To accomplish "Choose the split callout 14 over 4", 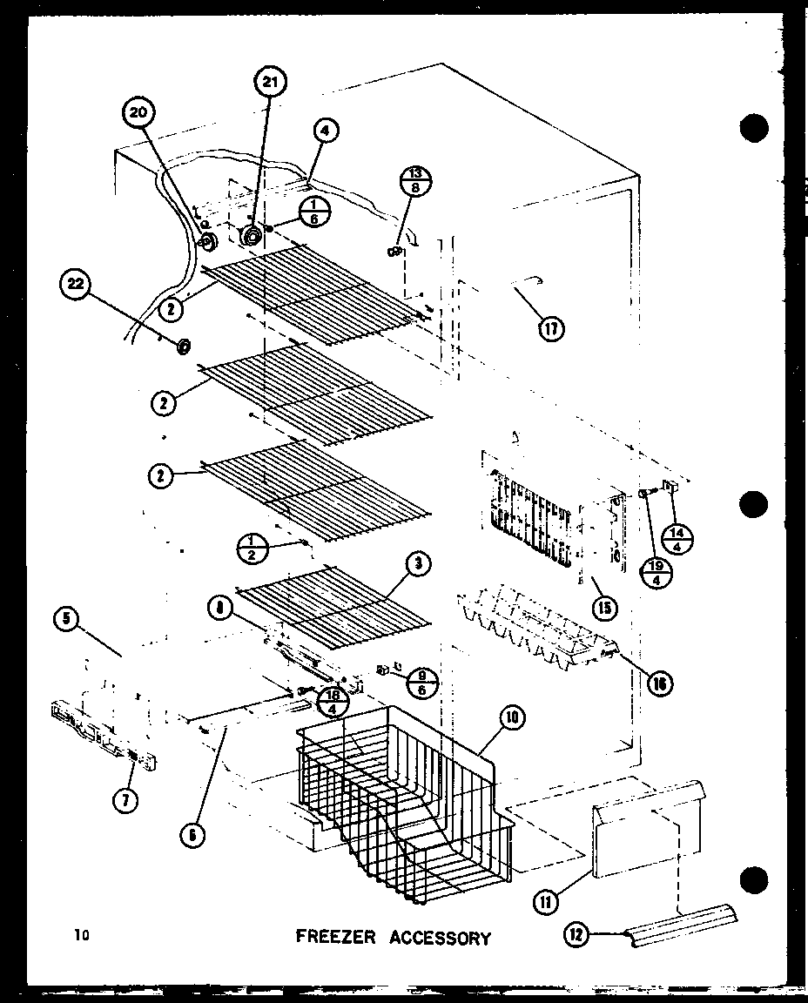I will tap(678, 541).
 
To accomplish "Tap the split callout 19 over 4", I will tap(655, 573).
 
